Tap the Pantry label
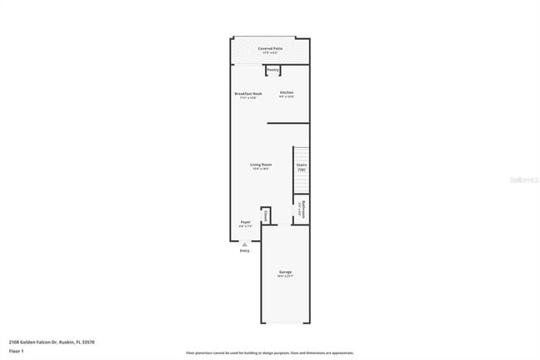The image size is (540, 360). point(272,70)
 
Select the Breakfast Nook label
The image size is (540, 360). point(248,92)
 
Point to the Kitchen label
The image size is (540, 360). point(286,92)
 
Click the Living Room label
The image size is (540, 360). point(261,165)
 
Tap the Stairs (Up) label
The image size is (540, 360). point(302,166)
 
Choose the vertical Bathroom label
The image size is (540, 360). point(303,208)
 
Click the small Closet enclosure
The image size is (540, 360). point(266,215)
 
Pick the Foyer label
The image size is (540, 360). point(246,222)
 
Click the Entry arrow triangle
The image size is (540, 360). point(244,244)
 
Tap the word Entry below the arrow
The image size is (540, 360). point(244,251)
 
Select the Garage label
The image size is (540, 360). point(285,272)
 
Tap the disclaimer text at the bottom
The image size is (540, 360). point(271,353)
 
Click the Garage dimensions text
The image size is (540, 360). point(285,276)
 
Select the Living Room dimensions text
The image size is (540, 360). point(261,169)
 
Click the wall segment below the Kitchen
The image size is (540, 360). point(288,124)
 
